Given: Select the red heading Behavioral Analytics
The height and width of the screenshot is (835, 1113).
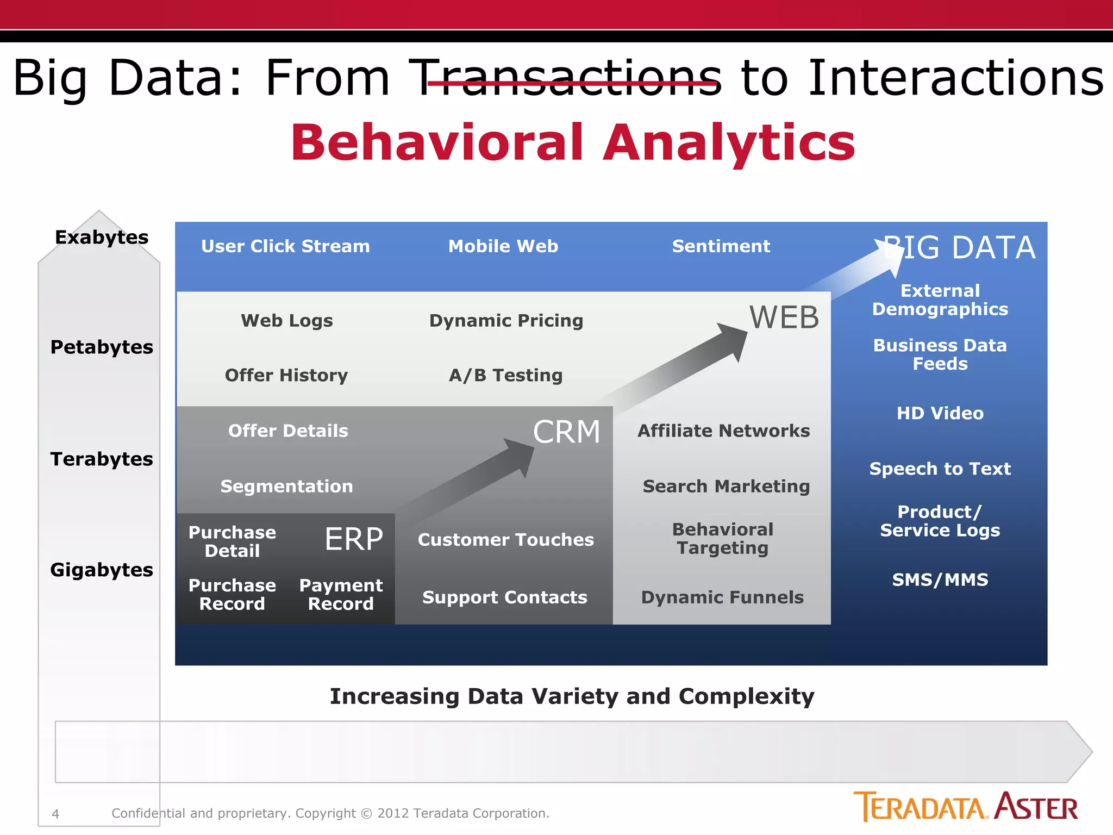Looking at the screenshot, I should pyautogui.click(x=573, y=142).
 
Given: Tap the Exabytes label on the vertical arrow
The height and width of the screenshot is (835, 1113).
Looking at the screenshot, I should pyautogui.click(x=102, y=238).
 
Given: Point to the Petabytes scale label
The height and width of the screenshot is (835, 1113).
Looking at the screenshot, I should pyautogui.click(x=102, y=347).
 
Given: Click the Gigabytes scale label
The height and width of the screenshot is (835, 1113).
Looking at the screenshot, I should pyautogui.click(x=102, y=570).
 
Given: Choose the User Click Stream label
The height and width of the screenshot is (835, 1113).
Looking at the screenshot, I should pyautogui.click(x=285, y=246).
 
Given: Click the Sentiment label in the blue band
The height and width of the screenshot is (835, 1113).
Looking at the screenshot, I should pyautogui.click(x=721, y=246).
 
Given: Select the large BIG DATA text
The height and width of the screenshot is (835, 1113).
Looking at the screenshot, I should pyautogui.click(x=959, y=248).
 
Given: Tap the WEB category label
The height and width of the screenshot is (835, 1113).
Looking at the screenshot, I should pyautogui.click(x=784, y=317).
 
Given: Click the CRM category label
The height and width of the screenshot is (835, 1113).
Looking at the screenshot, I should pyautogui.click(x=566, y=433).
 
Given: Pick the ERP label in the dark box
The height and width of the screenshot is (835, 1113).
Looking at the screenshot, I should pyautogui.click(x=354, y=539).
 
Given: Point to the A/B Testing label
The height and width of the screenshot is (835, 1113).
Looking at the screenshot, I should pyautogui.click(x=505, y=376).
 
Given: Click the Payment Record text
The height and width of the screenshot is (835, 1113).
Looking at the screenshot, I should pyautogui.click(x=341, y=595).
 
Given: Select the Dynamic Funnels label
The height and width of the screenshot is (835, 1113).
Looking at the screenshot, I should pyautogui.click(x=722, y=597).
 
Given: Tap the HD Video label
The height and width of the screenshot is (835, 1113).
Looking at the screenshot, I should pyautogui.click(x=940, y=414).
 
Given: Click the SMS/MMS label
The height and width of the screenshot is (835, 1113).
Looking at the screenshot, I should pyautogui.click(x=940, y=580).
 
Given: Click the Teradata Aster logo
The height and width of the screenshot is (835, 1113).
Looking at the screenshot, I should pyautogui.click(x=965, y=807).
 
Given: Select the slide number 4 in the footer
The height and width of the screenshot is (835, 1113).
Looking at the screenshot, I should pyautogui.click(x=55, y=814).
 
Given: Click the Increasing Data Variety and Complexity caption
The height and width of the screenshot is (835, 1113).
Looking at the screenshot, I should pyautogui.click(x=572, y=697).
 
